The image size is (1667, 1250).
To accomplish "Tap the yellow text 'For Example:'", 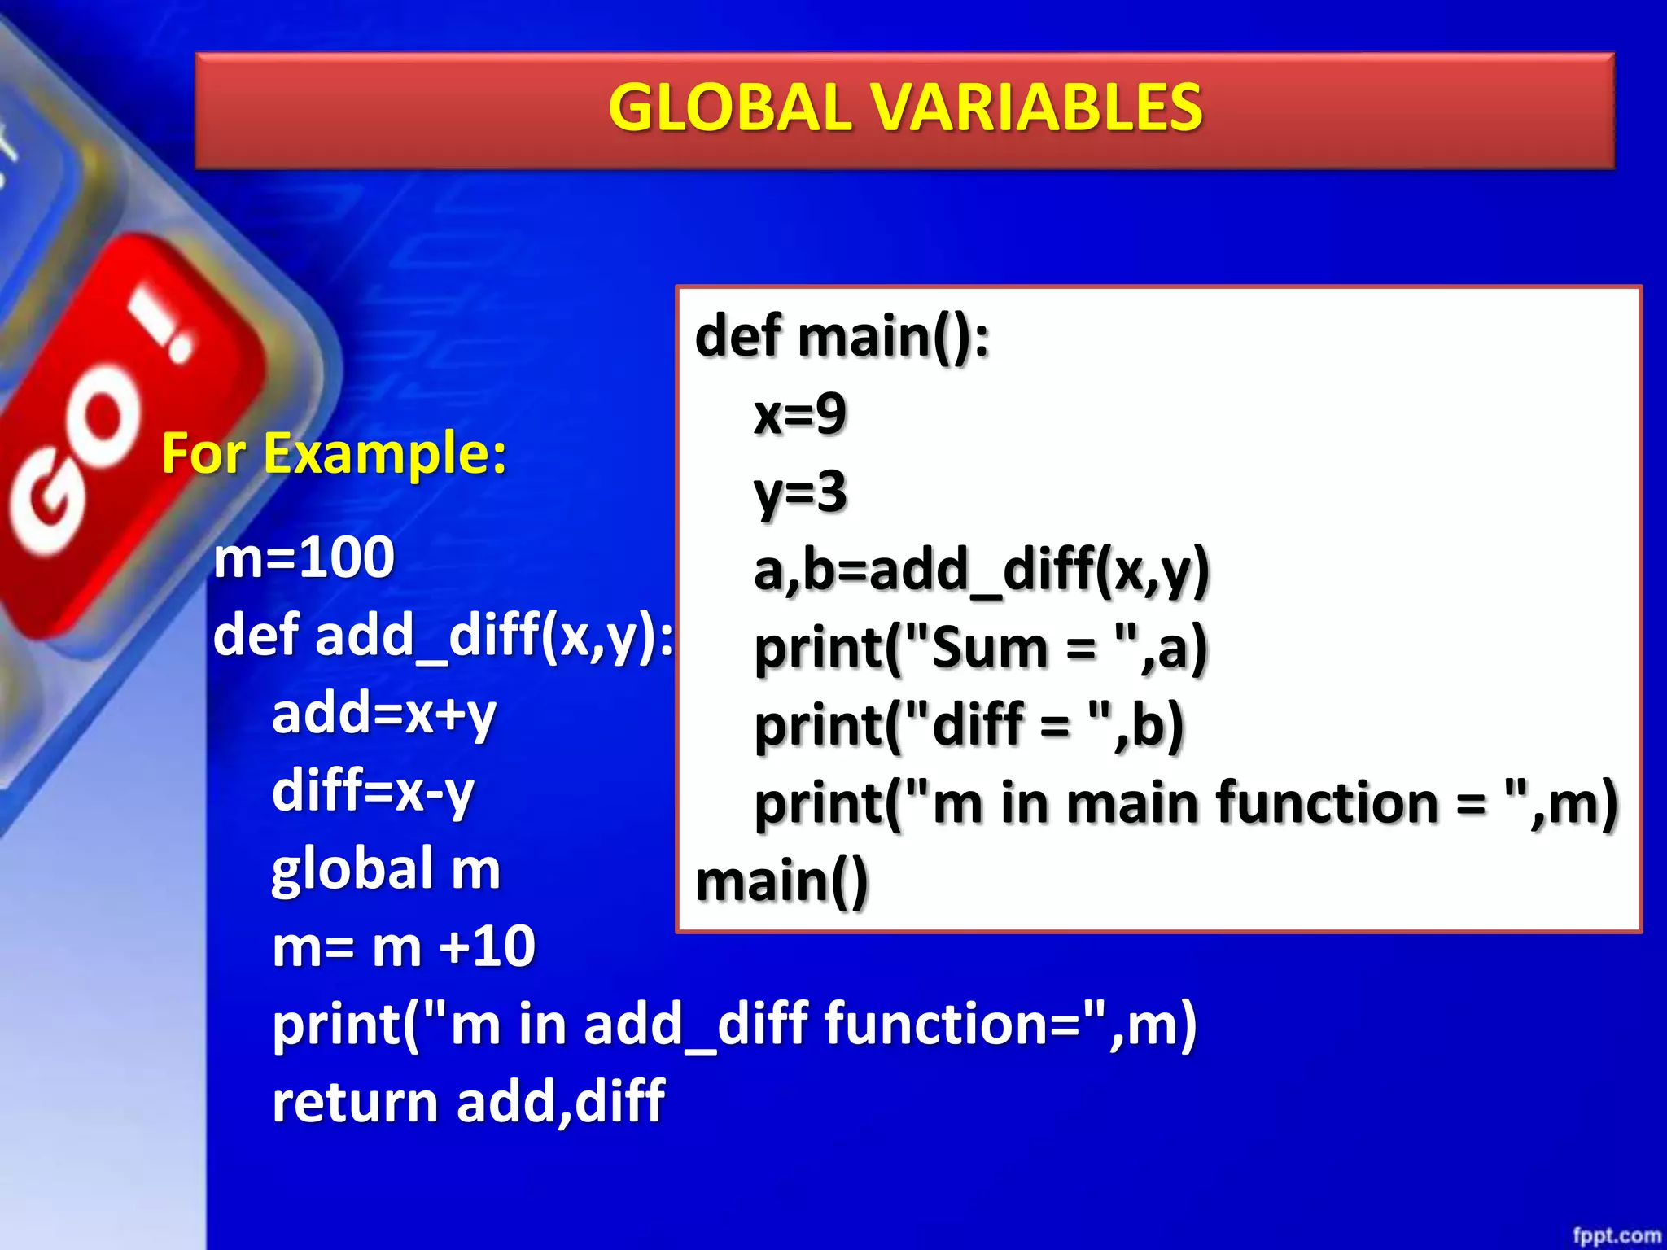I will click(334, 453).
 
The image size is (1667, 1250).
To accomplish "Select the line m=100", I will click(304, 558).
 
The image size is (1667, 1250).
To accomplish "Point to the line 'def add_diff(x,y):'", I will click(444, 636).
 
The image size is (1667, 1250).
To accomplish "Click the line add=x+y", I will click(383, 714).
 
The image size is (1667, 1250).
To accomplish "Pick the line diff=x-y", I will click(373, 791).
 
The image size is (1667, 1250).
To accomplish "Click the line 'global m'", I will click(386, 868).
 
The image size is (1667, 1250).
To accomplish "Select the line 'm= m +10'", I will click(404, 946).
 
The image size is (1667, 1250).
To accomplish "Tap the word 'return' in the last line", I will click(355, 1102).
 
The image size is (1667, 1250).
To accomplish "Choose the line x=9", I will click(800, 414).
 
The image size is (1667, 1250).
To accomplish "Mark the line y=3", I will click(800, 492).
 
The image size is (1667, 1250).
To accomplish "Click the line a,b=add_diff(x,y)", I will click(982, 570).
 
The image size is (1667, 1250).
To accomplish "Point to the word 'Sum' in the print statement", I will click(989, 649).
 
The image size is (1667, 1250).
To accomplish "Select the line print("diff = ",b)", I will click(969, 726).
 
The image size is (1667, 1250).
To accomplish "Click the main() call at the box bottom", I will click(782, 881).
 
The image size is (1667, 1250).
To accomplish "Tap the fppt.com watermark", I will click(1616, 1235).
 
